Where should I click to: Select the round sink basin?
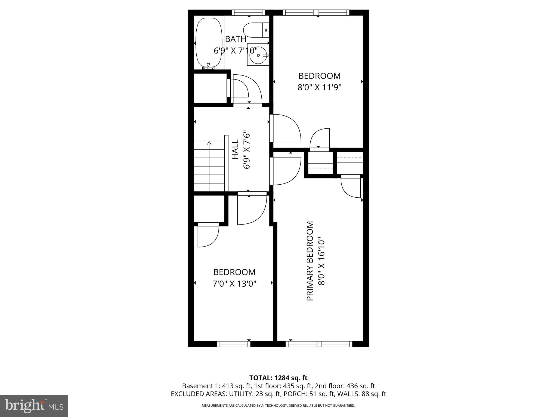(258, 55)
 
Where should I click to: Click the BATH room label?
(236, 39)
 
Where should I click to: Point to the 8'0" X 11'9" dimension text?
(319, 87)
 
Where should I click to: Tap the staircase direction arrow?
(209, 143)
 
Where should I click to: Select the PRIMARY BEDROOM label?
(310, 261)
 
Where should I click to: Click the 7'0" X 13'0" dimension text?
(234, 284)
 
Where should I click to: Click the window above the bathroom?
(248, 12)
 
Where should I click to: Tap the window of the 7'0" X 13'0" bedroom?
(234, 344)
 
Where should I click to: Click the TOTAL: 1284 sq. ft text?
(278, 378)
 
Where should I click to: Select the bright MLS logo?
(34, 406)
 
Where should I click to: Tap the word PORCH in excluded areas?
(298, 394)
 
